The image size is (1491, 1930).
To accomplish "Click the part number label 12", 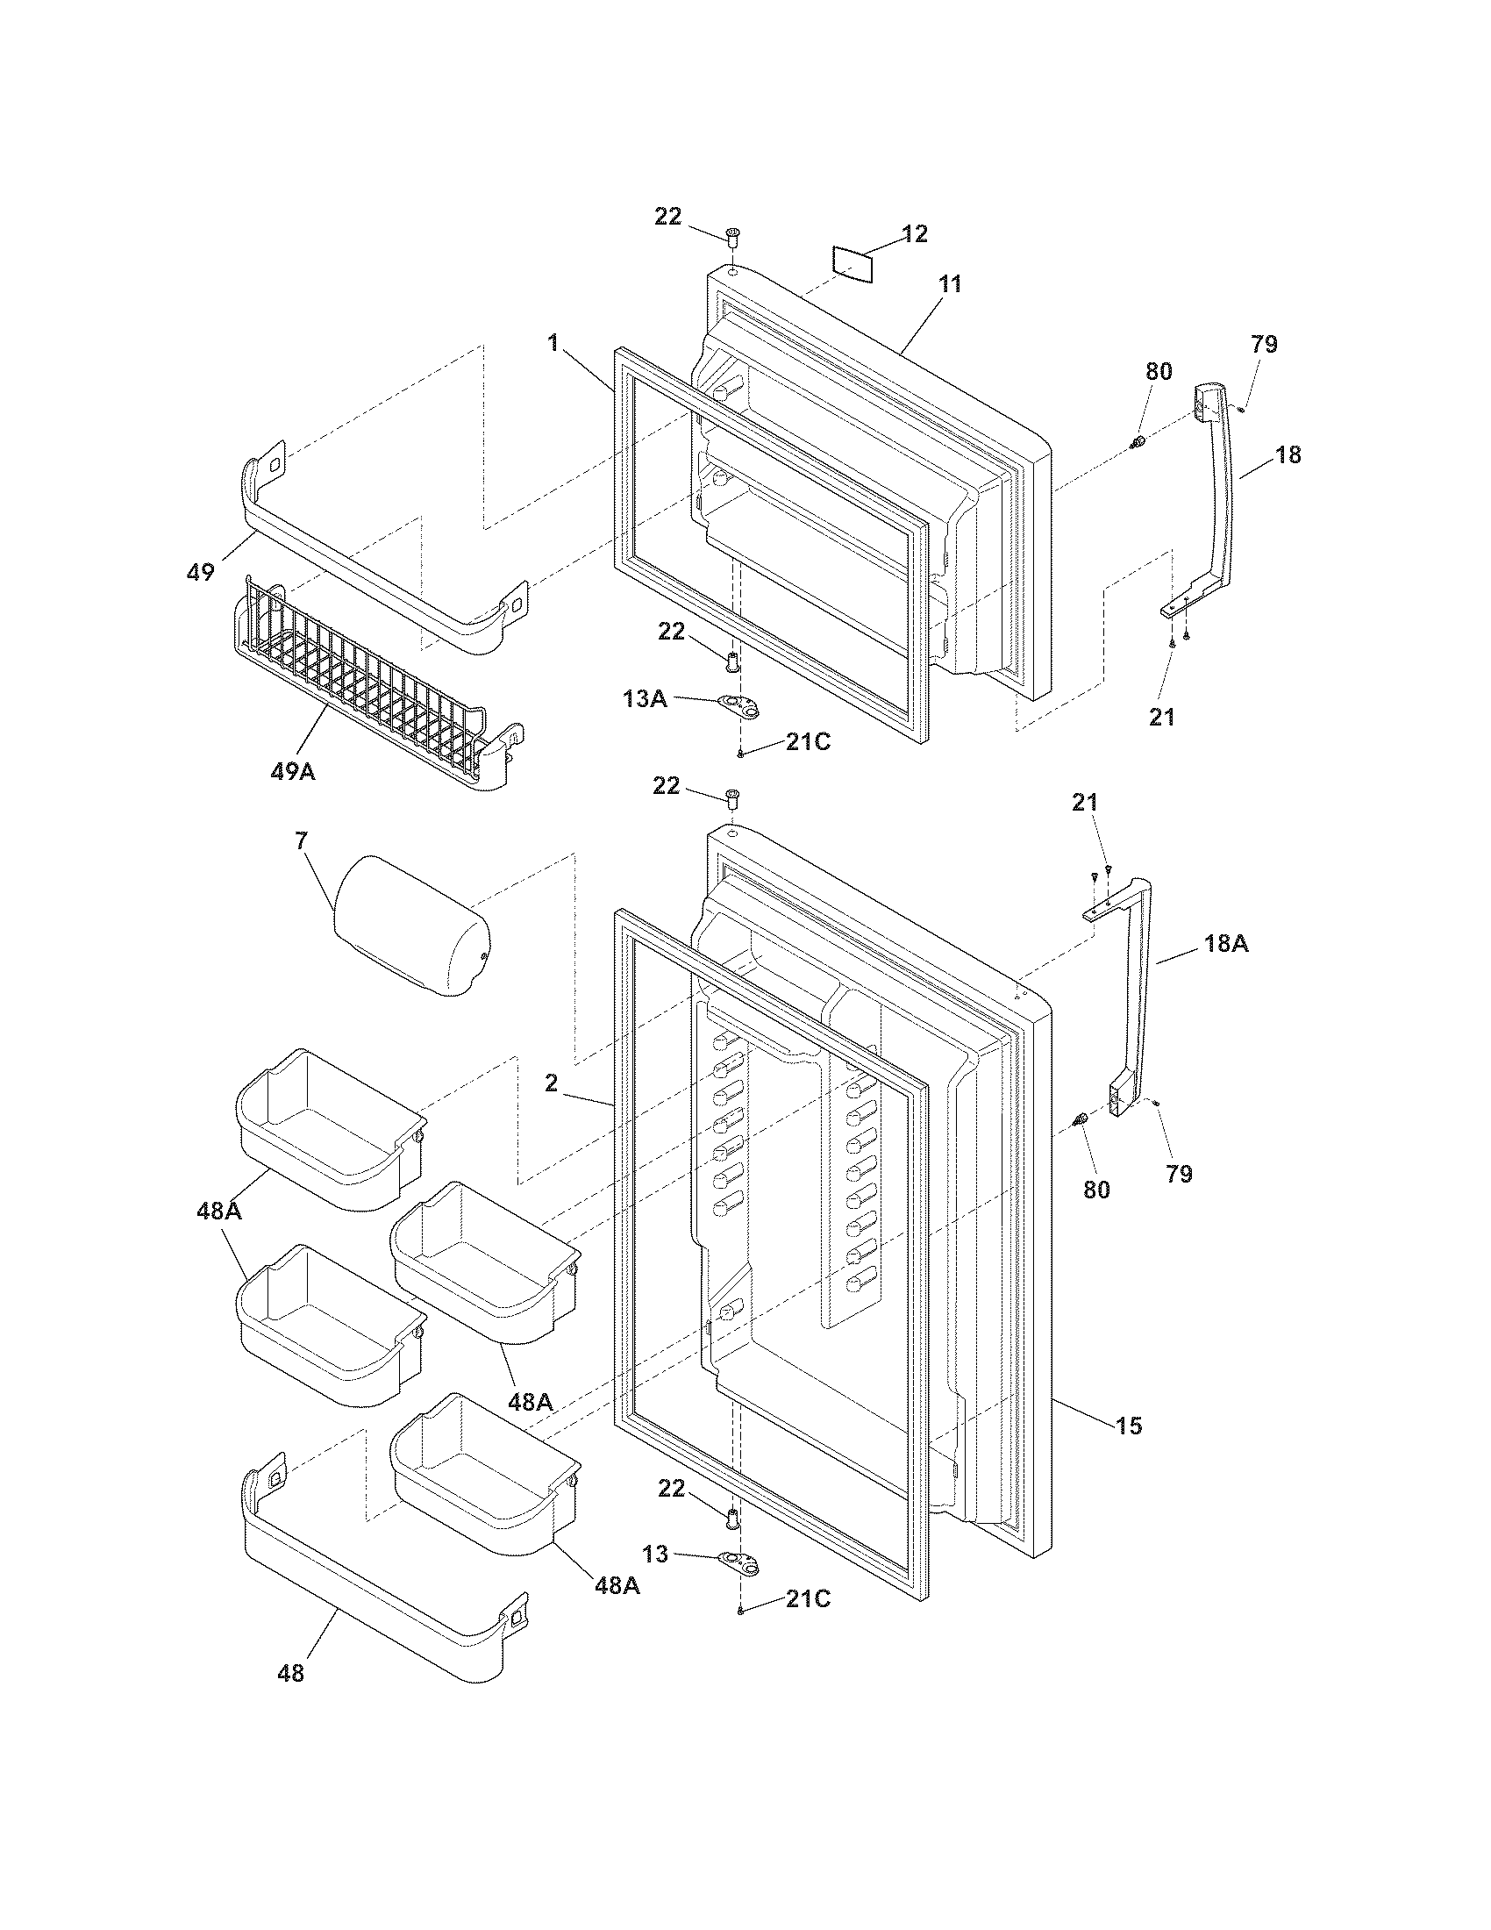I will [914, 234].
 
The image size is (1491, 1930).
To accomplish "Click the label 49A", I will [292, 771].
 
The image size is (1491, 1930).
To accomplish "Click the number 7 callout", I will [301, 840].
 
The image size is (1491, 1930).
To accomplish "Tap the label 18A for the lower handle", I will [1225, 944].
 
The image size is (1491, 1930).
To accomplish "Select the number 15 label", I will [1129, 1426].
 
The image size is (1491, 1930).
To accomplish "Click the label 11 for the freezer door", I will [951, 284].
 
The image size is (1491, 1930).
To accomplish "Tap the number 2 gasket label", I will [551, 1083].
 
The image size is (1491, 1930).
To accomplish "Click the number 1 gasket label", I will [553, 343].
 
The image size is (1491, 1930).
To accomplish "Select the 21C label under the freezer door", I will [809, 742].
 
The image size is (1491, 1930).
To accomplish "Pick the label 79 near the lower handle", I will [1179, 1175].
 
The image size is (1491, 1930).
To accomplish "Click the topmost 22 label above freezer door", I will [667, 217].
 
